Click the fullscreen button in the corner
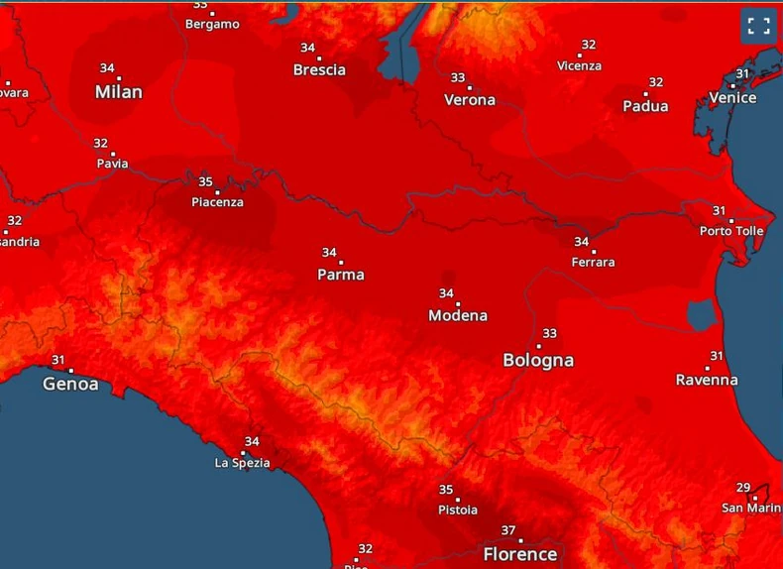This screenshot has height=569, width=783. click(759, 26)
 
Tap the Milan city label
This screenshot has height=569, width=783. click(119, 92)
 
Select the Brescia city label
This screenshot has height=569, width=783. click(319, 70)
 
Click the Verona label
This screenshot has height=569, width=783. click(470, 100)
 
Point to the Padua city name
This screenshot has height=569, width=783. click(645, 106)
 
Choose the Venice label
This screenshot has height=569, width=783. click(732, 97)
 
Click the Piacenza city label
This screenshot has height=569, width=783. click(217, 203)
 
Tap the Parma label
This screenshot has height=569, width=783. click(341, 275)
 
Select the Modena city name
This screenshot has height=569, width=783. click(458, 315)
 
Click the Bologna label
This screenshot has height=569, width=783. click(538, 361)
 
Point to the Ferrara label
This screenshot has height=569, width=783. click(593, 263)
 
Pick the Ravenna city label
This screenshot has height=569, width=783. click(707, 380)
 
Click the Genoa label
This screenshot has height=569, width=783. click(70, 384)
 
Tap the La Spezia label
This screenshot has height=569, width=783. click(243, 463)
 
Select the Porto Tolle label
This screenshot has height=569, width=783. click(731, 231)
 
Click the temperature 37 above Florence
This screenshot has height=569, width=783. click(509, 531)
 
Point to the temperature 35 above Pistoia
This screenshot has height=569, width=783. click(446, 490)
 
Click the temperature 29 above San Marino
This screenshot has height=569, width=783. click(743, 488)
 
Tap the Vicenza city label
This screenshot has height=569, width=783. click(579, 66)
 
